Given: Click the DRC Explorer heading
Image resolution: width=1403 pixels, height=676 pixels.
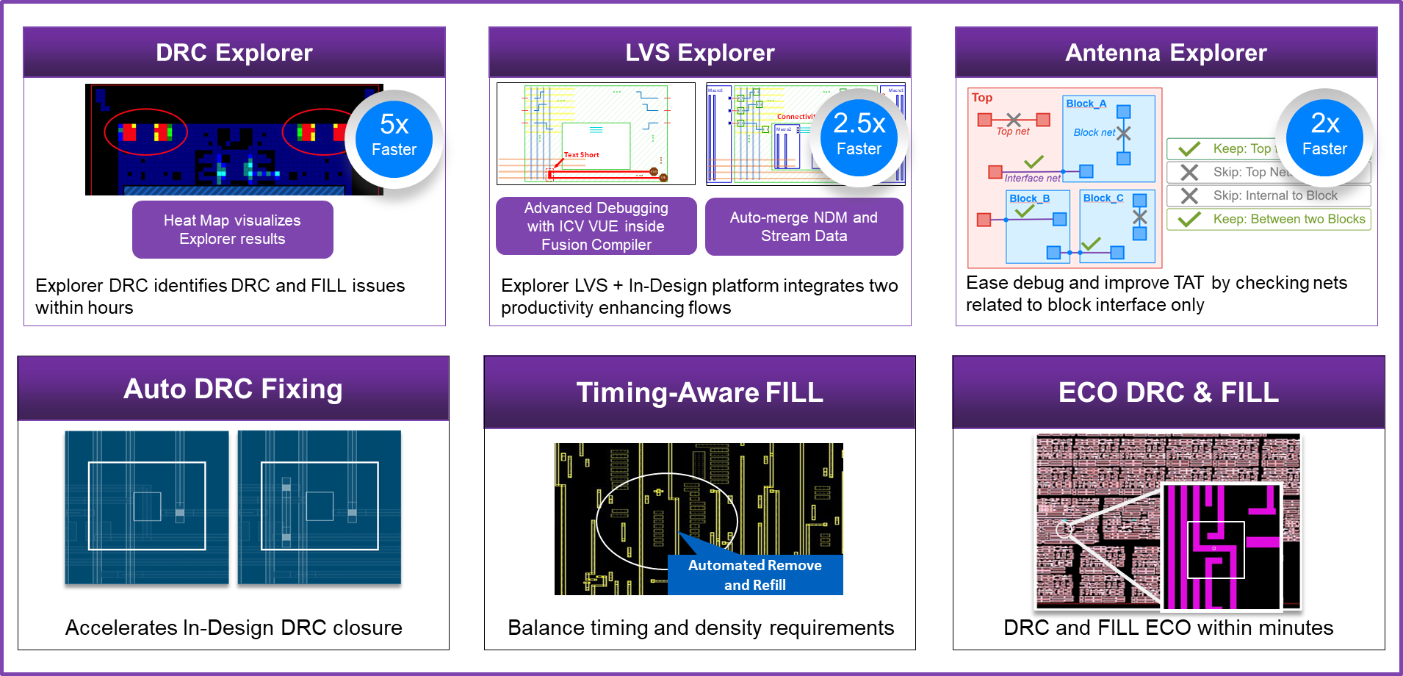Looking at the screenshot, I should [x=234, y=53].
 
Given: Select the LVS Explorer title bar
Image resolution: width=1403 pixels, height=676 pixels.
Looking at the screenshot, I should [x=699, y=53].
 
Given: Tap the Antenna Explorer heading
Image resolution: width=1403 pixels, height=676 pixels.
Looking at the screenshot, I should [x=1166, y=53].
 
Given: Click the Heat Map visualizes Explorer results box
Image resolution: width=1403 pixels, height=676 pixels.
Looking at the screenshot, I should [x=232, y=229].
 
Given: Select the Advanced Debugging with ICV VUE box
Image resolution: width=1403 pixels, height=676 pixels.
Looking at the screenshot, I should [x=596, y=226].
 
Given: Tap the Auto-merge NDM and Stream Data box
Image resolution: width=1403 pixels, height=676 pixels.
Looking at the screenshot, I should [x=804, y=226].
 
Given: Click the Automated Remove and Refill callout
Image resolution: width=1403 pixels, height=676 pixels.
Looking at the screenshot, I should [x=754, y=575].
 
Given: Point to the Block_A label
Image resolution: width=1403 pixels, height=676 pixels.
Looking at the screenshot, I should [x=1086, y=104].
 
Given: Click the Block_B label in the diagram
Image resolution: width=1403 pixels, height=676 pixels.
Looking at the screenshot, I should [x=1029, y=198].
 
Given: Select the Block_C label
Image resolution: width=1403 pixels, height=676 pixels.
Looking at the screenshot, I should [x=1103, y=198].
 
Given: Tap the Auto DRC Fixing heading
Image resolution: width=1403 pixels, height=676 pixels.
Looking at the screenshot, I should [x=233, y=389].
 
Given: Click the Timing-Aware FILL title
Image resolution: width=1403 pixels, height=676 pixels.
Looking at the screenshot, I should [x=699, y=392].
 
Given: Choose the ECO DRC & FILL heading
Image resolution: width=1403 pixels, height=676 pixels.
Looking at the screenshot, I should [x=1168, y=392].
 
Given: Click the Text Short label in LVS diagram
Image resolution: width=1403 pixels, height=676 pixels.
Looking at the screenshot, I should [x=581, y=155].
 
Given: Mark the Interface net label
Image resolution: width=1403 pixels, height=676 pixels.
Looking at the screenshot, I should [x=1032, y=178].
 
